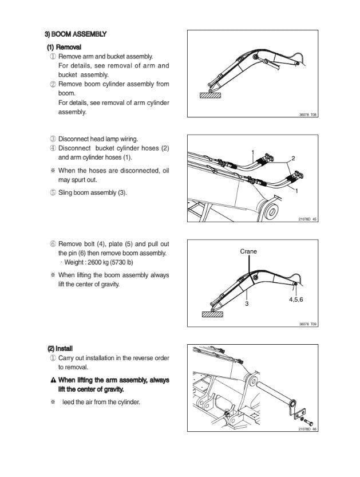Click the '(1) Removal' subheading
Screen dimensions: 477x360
64,47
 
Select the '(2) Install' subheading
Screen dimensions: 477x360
60,348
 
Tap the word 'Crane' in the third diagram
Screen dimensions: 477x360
248,251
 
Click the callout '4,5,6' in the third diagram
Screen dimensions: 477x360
296,299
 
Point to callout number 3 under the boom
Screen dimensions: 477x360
247,303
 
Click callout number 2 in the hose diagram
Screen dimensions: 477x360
293,158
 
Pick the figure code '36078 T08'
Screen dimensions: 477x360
308,115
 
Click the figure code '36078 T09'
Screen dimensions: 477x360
308,324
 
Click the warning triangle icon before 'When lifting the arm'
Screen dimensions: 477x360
53,380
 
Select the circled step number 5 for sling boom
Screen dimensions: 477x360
53,192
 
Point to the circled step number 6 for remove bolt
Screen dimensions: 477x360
53,244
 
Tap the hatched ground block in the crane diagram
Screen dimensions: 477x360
212,313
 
